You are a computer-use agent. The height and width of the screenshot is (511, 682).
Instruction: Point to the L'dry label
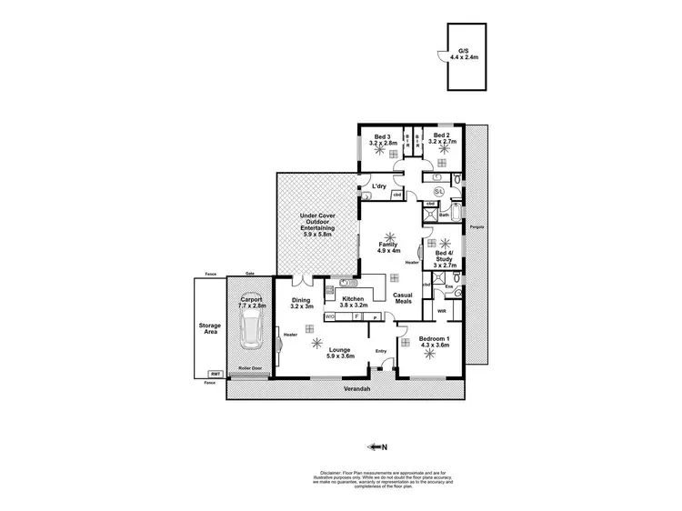pyautogui.click(x=379, y=187)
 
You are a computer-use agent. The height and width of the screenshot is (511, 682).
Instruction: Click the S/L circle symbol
pyautogui.click(x=439, y=192)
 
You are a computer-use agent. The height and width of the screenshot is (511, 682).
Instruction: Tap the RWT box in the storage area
pyautogui.click(x=216, y=374)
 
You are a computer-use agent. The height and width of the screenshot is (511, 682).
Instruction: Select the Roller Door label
pyautogui.click(x=250, y=368)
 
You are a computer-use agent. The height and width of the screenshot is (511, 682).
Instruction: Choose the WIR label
pyautogui.click(x=441, y=310)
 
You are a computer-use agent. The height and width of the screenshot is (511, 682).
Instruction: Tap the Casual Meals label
pyautogui.click(x=403, y=297)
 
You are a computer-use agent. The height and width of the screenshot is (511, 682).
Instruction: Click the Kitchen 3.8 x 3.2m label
pyautogui.click(x=355, y=301)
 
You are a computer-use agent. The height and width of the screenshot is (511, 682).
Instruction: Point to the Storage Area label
pyautogui.click(x=210, y=328)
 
